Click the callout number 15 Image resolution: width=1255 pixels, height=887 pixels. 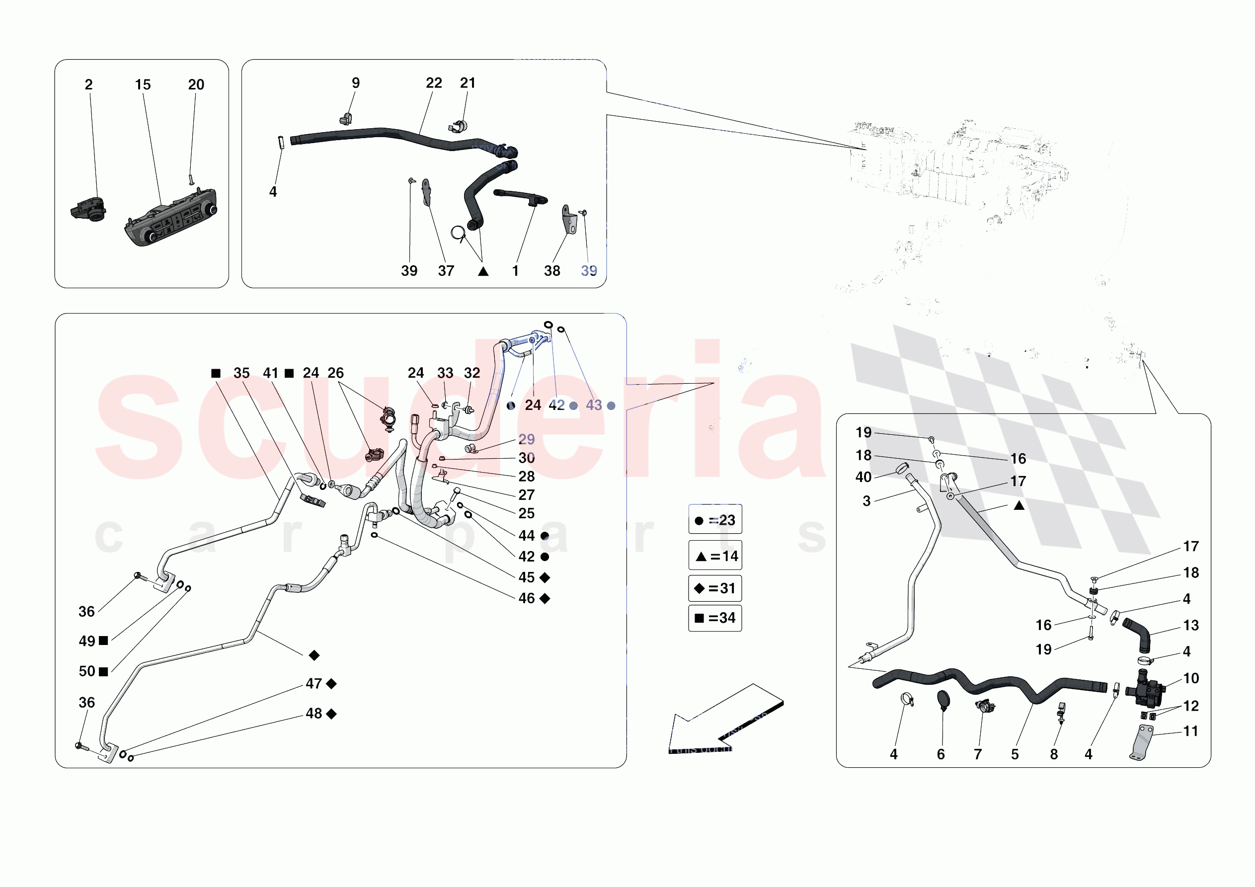tap(143, 85)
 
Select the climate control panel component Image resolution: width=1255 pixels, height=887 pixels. tap(171, 219)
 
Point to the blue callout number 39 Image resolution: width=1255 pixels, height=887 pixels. tap(589, 271)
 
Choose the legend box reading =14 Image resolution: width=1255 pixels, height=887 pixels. tap(715, 556)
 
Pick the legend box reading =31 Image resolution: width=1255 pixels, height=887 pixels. tap(715, 588)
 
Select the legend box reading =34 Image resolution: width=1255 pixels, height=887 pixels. tap(715, 618)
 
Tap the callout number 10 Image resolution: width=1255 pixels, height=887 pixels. tap(1191, 679)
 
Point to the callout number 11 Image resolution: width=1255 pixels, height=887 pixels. tap(1190, 731)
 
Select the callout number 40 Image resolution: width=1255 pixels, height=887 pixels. tap(863, 478)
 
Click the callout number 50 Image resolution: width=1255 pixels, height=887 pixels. tap(87, 671)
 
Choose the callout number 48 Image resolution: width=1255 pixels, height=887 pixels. tap(314, 714)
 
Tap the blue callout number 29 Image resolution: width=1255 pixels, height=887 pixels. tap(526, 440)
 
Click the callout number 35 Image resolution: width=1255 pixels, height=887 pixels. tap(241, 373)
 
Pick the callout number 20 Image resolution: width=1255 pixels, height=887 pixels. tap(196, 85)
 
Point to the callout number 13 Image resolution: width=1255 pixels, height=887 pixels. tap(1190, 626)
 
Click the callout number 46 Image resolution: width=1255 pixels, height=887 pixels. tap(526, 598)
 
